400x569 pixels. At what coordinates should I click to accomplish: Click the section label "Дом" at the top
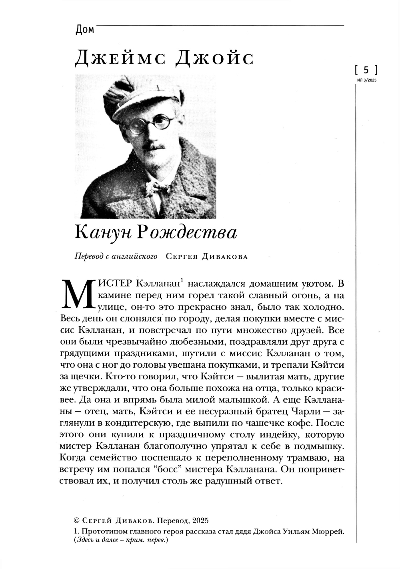point(84,30)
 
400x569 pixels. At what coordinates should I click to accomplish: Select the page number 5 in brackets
point(366,70)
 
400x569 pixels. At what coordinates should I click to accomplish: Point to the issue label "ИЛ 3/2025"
point(366,80)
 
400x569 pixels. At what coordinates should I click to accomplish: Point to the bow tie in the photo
point(155,187)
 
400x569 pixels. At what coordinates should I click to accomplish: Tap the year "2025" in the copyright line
point(200,521)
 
